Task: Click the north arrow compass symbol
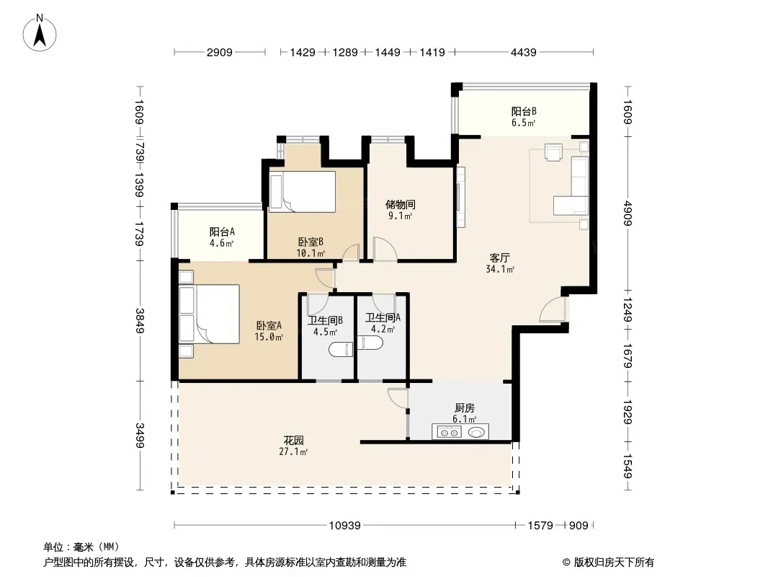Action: [40, 33]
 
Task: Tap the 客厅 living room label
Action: [499, 257]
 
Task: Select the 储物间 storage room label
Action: [400, 204]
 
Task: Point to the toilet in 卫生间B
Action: [340, 349]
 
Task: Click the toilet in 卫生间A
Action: [370, 342]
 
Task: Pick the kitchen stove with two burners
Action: [449, 432]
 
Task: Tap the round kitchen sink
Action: [477, 432]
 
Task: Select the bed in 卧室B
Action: [302, 192]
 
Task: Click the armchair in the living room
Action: [553, 152]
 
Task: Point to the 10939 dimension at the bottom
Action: [344, 526]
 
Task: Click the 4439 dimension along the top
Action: [524, 52]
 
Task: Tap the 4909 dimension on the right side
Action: [628, 213]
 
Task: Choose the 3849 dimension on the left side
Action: [140, 320]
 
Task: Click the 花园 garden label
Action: [293, 440]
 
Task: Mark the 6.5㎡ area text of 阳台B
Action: [524, 123]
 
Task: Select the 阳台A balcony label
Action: [222, 232]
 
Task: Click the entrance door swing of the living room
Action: [553, 310]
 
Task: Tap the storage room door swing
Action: [385, 249]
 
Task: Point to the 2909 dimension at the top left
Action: [220, 52]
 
